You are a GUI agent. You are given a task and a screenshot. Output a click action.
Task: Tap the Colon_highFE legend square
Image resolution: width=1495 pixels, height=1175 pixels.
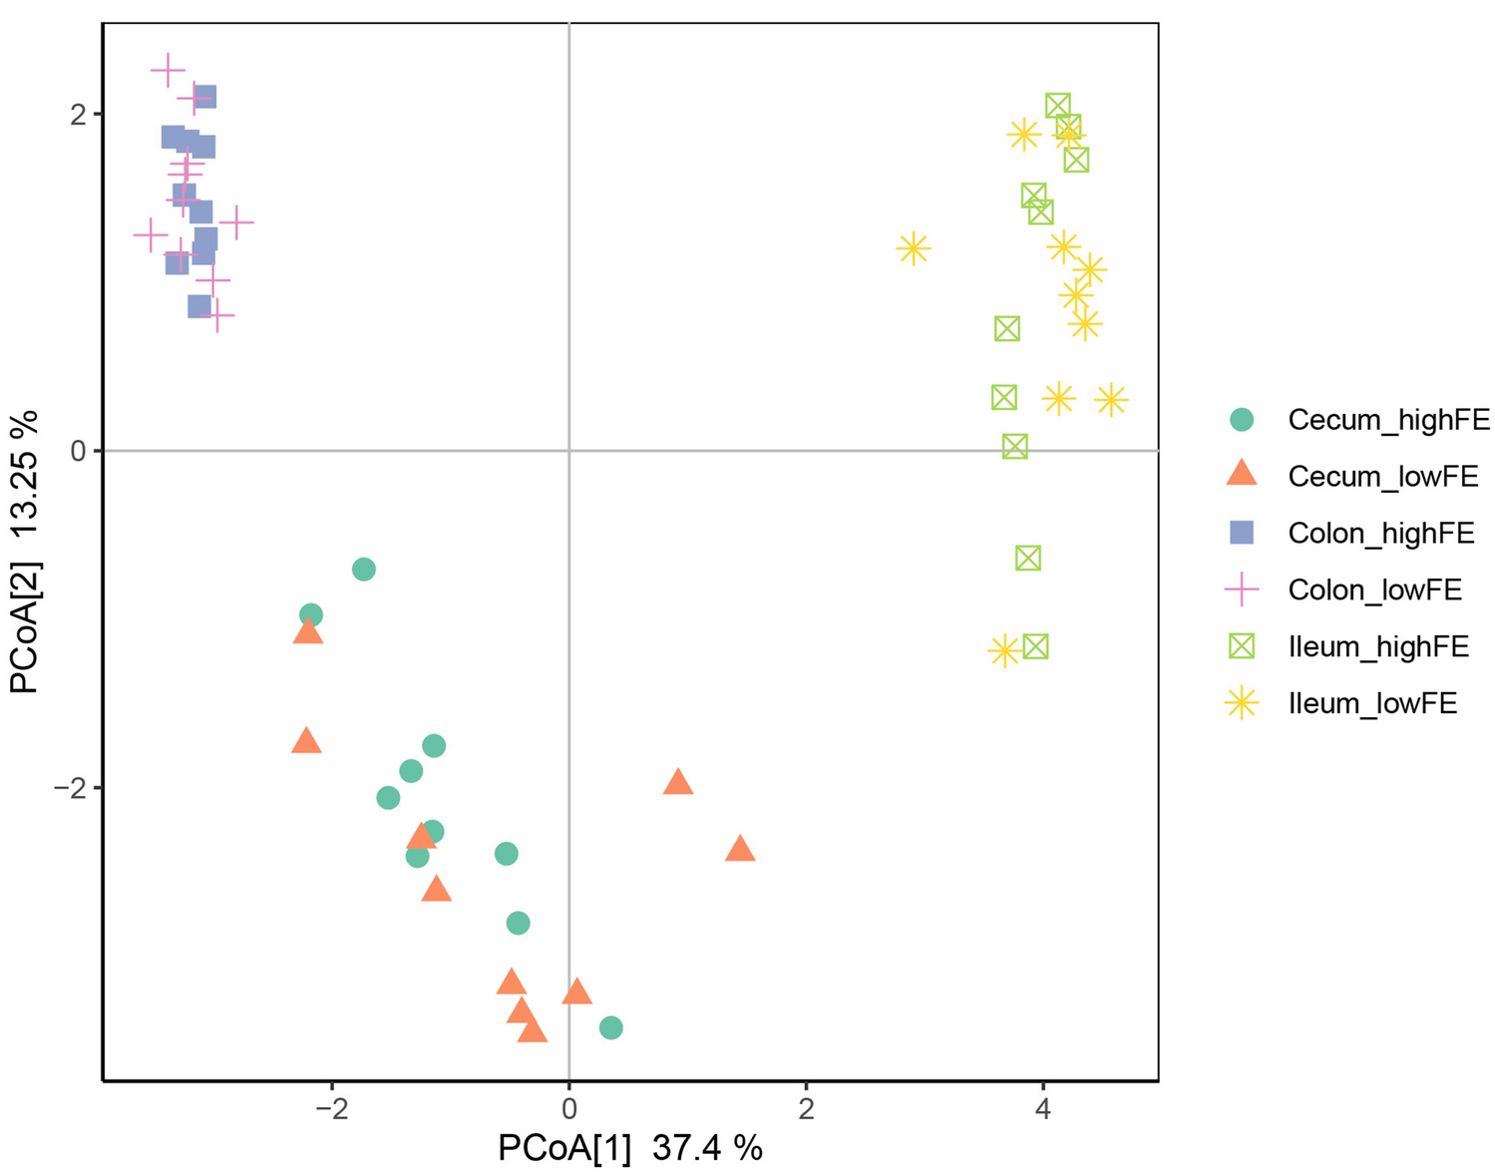tap(1242, 533)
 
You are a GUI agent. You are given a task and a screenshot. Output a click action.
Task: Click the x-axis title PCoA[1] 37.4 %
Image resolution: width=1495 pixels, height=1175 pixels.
tap(630, 1148)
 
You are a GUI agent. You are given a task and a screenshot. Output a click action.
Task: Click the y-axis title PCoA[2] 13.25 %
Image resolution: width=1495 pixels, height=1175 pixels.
tap(26, 553)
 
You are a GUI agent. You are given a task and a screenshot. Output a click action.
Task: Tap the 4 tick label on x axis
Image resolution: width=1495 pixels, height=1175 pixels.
tap(1043, 1108)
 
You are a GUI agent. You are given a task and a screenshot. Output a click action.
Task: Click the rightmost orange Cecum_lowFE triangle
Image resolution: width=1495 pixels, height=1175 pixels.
tap(740, 849)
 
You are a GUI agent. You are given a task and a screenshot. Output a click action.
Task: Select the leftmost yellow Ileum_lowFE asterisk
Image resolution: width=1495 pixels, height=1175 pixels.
tap(914, 248)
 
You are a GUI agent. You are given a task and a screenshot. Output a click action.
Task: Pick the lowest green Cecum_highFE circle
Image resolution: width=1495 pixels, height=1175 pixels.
tap(611, 1027)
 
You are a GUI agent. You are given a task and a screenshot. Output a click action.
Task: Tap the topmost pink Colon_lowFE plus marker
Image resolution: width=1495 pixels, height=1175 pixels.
tap(168, 70)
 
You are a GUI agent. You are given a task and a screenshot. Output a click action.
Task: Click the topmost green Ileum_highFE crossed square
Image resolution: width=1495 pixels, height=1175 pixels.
tap(1058, 105)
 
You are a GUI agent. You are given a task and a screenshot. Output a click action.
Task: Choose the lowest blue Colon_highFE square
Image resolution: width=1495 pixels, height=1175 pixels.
tap(199, 306)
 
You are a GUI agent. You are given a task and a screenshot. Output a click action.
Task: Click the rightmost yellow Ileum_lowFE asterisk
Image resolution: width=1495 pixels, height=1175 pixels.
tap(1111, 400)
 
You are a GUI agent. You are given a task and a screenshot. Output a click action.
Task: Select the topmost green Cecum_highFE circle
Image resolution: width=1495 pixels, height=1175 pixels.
tap(364, 570)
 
